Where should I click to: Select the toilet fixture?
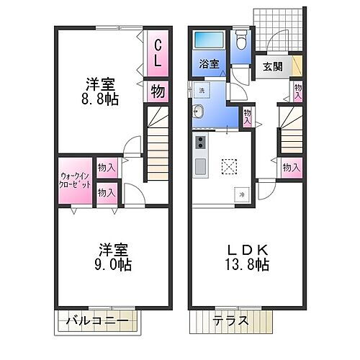coord(240,41)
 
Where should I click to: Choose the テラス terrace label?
coord(231,320)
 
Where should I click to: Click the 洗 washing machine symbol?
coord(202,90)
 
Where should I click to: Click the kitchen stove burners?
coord(199,141)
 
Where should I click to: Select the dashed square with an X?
coord(230,166)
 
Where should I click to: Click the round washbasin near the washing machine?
coord(197,112)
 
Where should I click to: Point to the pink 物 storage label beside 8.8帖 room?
coord(157,91)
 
